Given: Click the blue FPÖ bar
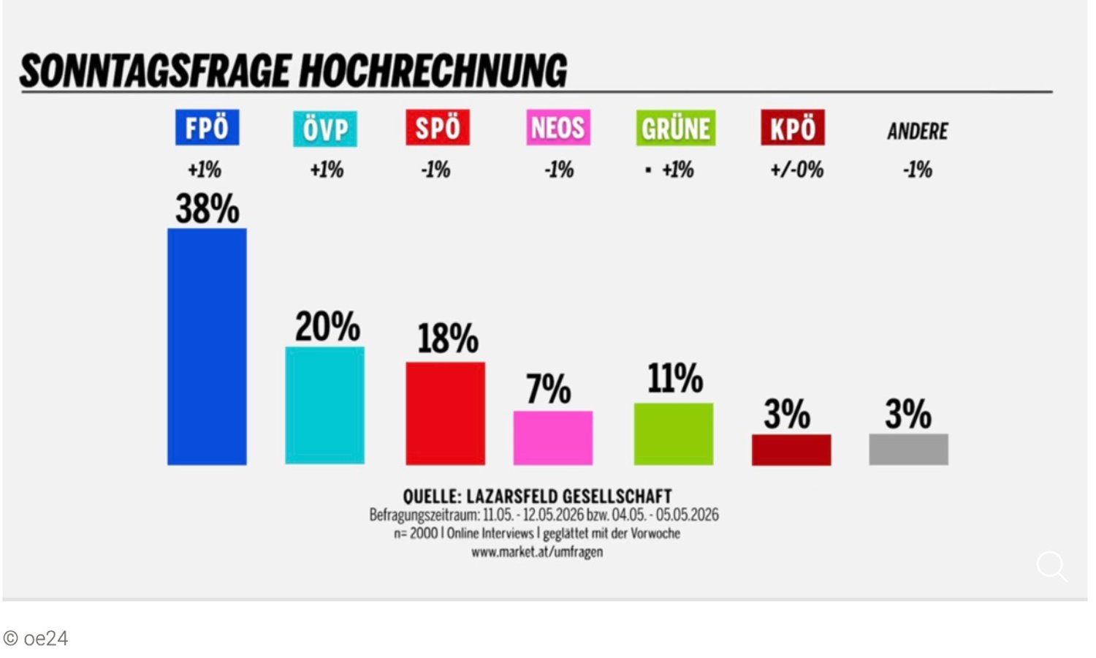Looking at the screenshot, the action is pos(207,347).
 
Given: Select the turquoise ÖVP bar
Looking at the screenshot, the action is pos(325,405).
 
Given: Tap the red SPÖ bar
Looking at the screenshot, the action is pos(445,414).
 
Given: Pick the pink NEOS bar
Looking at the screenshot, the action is pos(553,438).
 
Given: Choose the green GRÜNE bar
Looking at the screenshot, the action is pos(674,434).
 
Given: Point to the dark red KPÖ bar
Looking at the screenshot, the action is pos(791,450).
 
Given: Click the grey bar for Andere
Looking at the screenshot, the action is pos(909,450).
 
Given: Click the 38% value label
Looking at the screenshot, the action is pos(208,208).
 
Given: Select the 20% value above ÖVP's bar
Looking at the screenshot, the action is pos(327,326).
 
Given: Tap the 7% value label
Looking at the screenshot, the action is pos(549,389).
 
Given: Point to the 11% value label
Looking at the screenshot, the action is pos(675,378).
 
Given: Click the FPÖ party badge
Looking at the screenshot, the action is pos(208,128).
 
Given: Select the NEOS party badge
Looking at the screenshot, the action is pos(558,128).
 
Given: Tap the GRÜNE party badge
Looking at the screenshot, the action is pos(676,128).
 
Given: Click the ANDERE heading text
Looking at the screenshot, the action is pos(918,131).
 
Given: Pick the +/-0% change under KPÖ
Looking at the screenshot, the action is pos(797,170).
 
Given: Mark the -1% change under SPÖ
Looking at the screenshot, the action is pos(435,170).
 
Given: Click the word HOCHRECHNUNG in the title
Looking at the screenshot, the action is pos(433,71).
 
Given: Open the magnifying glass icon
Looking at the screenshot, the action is pos(1052,567).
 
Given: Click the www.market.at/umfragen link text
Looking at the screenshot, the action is pos(537,552).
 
